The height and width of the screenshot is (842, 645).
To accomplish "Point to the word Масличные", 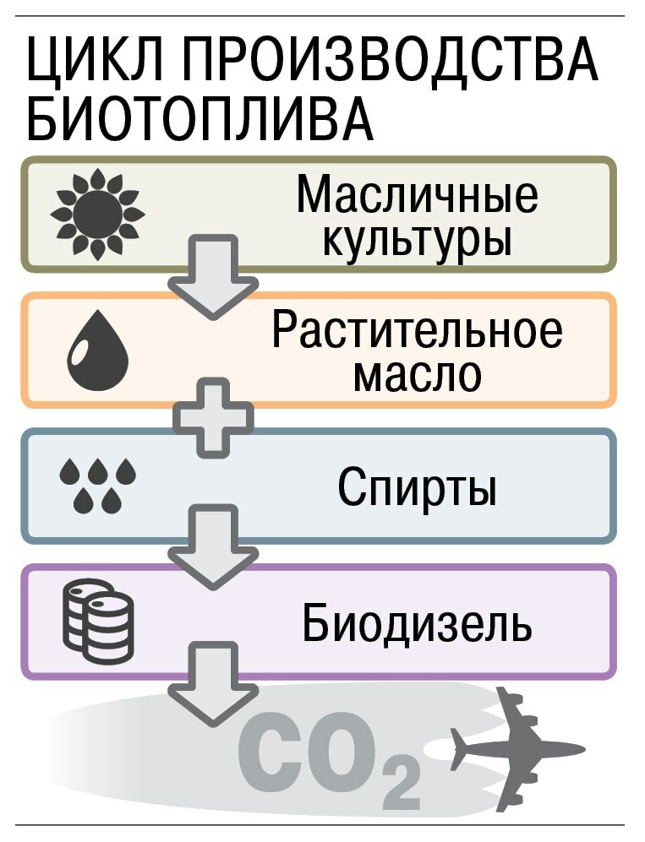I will click(417, 197).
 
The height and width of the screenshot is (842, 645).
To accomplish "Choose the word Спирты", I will click(417, 487).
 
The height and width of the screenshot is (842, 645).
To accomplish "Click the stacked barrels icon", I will click(99, 622).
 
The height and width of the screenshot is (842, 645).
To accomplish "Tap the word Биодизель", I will click(418, 625).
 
